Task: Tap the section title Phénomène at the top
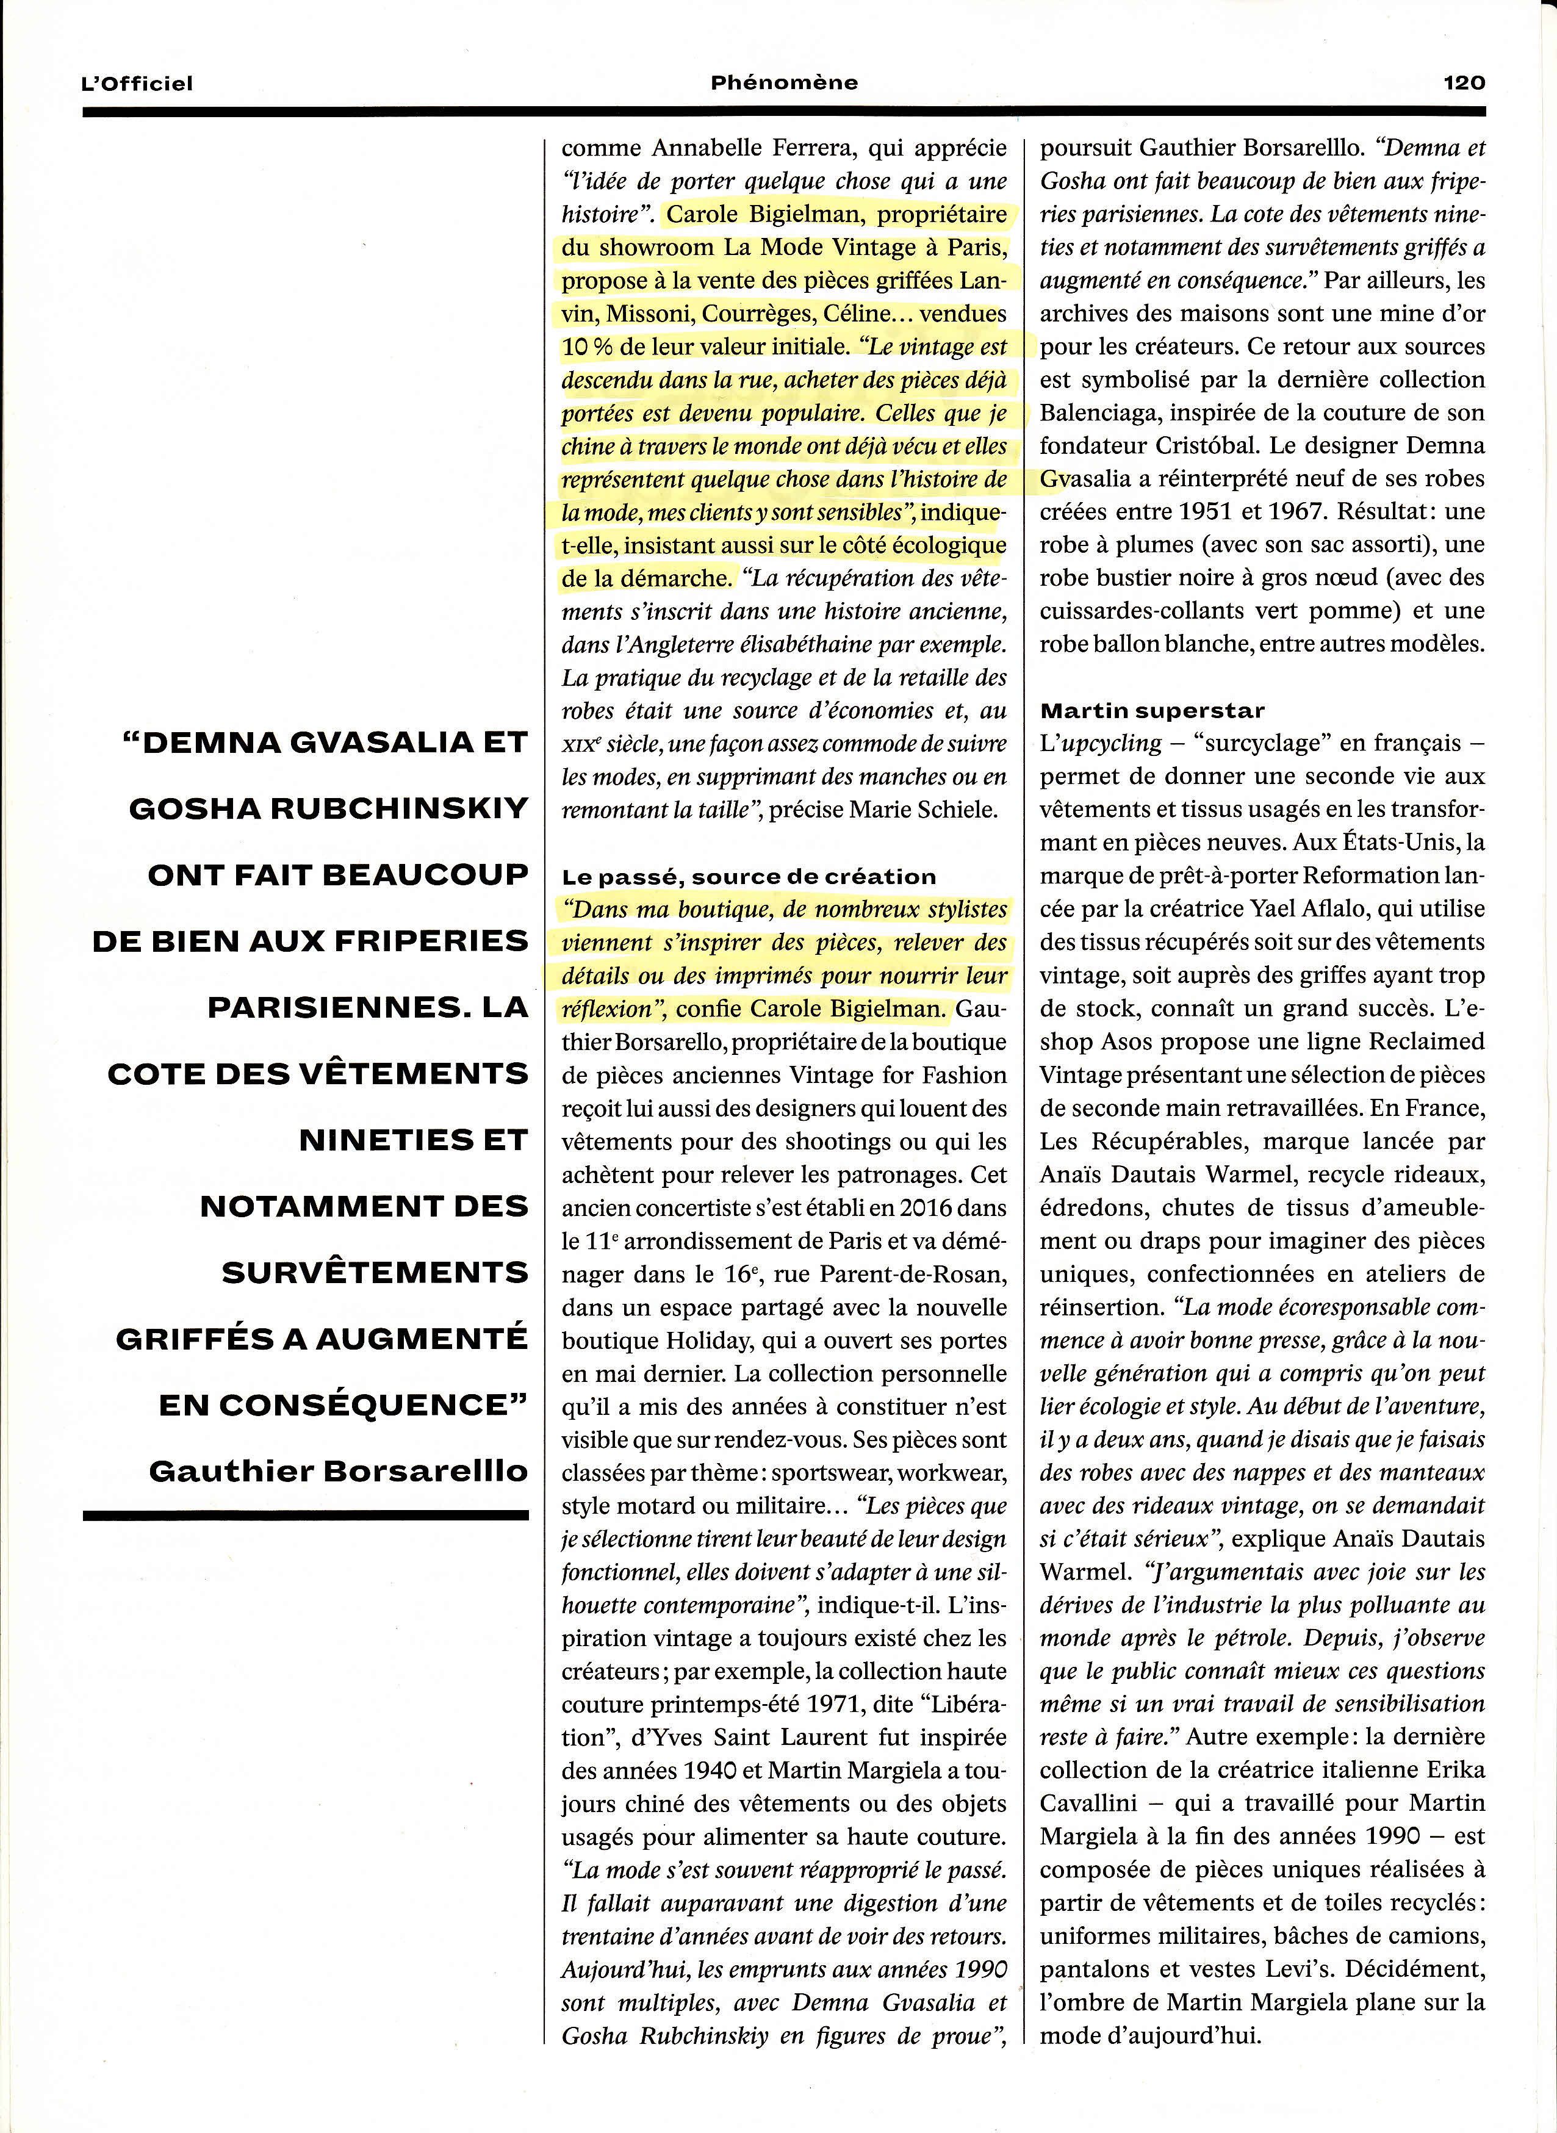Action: [x=784, y=82]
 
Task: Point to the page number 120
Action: [x=1464, y=82]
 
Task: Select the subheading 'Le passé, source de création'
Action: [x=749, y=877]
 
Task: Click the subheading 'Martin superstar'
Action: [x=1152, y=711]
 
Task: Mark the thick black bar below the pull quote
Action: [x=306, y=1516]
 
